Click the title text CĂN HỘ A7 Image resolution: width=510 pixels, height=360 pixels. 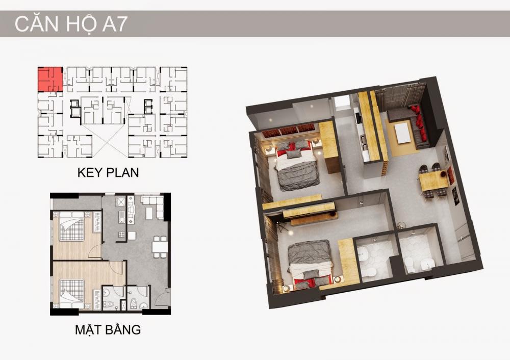70,24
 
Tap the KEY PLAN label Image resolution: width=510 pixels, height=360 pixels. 108,172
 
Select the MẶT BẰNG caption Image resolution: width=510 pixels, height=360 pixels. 108,329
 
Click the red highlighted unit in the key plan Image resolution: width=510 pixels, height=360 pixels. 50,79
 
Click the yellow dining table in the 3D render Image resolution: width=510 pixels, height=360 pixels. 433,181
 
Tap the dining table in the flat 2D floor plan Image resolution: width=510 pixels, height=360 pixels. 160,247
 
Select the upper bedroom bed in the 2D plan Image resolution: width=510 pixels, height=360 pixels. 71,226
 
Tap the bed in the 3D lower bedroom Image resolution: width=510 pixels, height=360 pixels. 311,264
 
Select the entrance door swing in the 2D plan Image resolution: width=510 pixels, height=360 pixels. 162,296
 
